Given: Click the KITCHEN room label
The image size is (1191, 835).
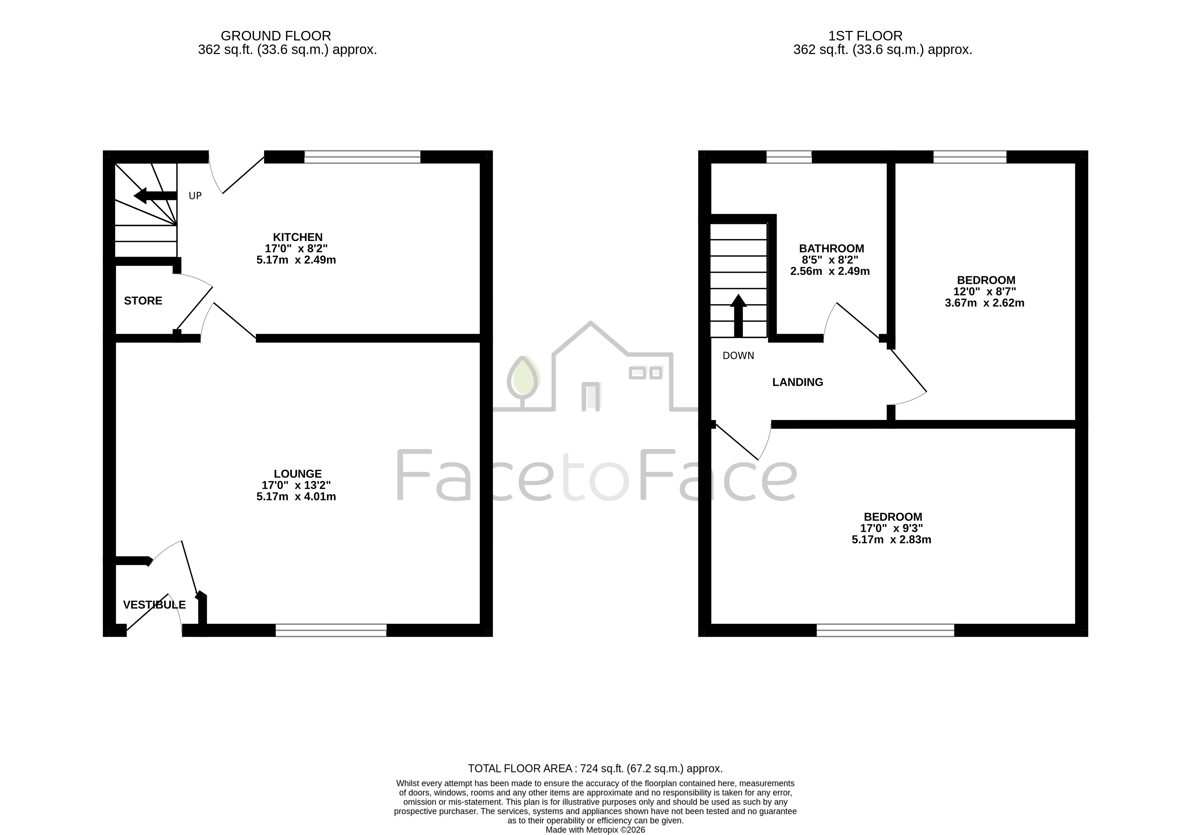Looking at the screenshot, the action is [298, 237].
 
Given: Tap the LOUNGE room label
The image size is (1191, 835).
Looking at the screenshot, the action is [298, 474].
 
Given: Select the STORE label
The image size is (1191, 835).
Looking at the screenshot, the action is [143, 301].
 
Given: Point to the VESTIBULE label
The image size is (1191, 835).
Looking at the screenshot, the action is [154, 605].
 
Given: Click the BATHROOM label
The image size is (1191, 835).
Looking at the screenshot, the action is [831, 248].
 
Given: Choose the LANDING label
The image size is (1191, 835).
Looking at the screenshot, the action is [798, 382].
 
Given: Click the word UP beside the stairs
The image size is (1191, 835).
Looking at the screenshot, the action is [195, 196].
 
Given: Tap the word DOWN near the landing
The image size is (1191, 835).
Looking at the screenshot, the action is [738, 355].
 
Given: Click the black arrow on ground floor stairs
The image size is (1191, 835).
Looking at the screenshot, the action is [155, 196].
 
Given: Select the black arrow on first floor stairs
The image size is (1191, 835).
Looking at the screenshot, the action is [738, 315].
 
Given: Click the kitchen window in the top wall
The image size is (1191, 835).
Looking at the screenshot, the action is [362, 157].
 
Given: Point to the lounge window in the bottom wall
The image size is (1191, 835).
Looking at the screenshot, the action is [331, 630].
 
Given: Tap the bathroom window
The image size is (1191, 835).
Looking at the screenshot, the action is [789, 157].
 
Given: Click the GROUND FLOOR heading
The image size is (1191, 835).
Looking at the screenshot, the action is [276, 36].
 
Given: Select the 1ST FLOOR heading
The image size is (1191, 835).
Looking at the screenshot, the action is [865, 36].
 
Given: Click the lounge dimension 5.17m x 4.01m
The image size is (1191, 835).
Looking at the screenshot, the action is [296, 497].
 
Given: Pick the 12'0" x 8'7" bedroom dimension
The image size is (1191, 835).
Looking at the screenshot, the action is [985, 292].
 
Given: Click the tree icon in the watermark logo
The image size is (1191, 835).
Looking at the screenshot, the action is [523, 382].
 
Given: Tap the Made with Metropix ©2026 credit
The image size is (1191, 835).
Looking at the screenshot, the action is [595, 830].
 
